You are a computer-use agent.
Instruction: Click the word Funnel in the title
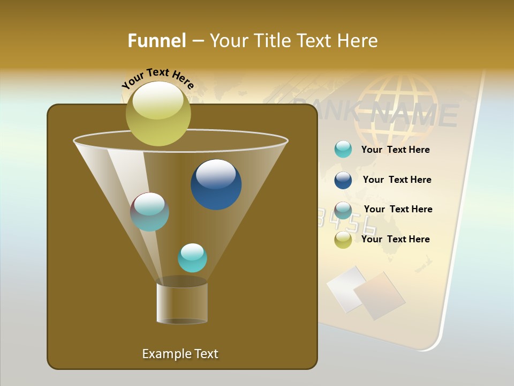point(156,41)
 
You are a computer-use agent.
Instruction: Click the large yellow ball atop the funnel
point(158,114)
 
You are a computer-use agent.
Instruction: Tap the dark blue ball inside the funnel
point(216,184)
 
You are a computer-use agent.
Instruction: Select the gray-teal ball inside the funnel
point(150,212)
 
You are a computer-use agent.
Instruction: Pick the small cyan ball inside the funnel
point(192,258)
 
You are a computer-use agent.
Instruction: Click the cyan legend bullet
point(343,150)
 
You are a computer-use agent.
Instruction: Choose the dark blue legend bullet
point(343,180)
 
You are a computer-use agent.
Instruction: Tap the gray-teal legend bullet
point(343,210)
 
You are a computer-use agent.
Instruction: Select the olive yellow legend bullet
point(343,240)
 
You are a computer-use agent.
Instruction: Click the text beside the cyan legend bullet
point(395,150)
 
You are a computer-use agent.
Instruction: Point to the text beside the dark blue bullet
point(397,180)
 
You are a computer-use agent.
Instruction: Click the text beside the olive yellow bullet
point(395,240)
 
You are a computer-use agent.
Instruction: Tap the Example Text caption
point(180,354)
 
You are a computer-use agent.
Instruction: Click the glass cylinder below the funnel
point(182,303)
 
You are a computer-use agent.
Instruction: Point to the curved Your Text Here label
point(158,78)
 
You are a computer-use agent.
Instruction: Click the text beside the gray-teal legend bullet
point(398,210)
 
